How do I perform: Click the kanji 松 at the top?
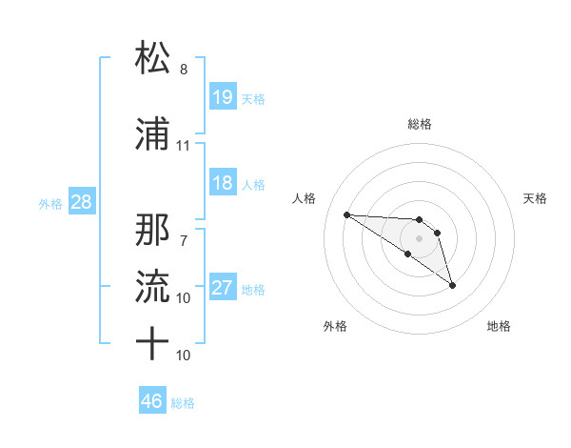pos(154,58)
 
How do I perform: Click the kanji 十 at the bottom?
pos(154,343)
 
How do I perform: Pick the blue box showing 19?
pos(223,98)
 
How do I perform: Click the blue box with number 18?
pos(223,184)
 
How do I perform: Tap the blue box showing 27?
pos(223,289)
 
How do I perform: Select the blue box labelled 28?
pos(81,203)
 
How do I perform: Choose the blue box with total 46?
pos(152,401)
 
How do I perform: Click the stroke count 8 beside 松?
pos(184,70)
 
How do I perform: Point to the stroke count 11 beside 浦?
pos(184,146)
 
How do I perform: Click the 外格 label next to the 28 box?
pos(50,204)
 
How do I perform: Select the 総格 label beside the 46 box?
pos(183,403)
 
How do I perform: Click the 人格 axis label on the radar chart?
pos(305,198)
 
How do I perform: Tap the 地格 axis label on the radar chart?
pos(499,326)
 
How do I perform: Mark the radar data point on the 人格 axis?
pos(347,214)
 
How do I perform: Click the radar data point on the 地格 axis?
pos(452,285)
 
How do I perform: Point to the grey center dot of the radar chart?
pos(419,237)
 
